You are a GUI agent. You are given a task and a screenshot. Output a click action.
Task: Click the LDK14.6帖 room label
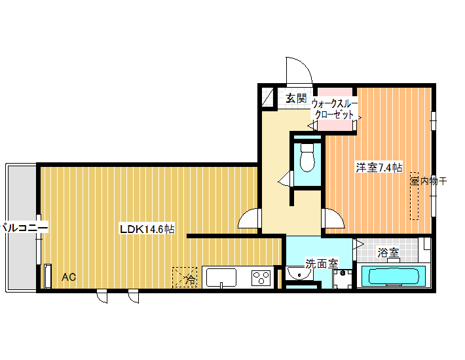pyautogui.click(x=147, y=229)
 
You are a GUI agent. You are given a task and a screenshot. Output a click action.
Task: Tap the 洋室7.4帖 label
pyautogui.click(x=379, y=168)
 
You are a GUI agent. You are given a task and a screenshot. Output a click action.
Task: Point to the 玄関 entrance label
pyautogui.click(x=296, y=98)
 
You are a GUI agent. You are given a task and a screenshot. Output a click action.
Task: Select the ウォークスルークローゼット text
pyautogui.click(x=335, y=109)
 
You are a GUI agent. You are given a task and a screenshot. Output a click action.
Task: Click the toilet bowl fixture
pyautogui.click(x=307, y=158)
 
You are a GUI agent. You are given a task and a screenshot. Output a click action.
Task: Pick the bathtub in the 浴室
pyautogui.click(x=394, y=276)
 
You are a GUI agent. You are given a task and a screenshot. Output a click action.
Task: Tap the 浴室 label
pyautogui.click(x=388, y=253)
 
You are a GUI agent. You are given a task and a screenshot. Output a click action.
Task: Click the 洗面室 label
pyautogui.click(x=322, y=263)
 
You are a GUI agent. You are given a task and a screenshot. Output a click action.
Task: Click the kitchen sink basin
pyautogui.click(x=221, y=278)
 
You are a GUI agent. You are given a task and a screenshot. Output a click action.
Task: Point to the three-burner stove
pyautogui.click(x=261, y=278)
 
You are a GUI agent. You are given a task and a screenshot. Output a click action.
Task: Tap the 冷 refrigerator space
pyautogui.click(x=185, y=278)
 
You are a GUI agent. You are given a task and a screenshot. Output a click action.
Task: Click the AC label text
pyautogui.click(x=69, y=277)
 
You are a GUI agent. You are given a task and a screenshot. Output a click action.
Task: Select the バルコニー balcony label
pyautogui.click(x=24, y=228)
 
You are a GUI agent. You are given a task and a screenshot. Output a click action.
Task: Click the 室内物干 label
pyautogui.click(x=429, y=181)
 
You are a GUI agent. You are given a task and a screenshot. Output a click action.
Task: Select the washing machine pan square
pyautogui.click(x=343, y=279)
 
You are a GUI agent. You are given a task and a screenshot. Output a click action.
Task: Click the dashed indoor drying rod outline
pyautogui.click(x=415, y=196)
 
